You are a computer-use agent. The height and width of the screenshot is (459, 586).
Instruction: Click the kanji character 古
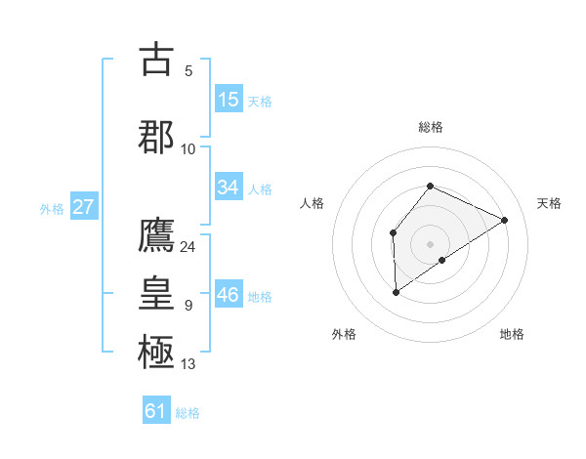tap(156, 60)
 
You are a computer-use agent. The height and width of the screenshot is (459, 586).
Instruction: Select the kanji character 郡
tap(156, 137)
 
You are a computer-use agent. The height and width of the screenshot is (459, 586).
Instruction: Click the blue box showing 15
tap(229, 100)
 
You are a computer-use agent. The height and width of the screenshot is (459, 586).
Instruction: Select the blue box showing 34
tap(229, 188)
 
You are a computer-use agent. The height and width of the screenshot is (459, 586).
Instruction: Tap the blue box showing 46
tap(229, 295)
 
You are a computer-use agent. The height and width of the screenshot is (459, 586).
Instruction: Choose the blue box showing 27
tap(83, 207)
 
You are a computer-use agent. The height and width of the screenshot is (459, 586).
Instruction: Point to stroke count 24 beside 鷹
tap(188, 246)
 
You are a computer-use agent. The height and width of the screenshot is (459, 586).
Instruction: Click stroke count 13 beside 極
tap(188, 364)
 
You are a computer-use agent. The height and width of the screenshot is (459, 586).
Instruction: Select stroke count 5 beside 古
tap(188, 71)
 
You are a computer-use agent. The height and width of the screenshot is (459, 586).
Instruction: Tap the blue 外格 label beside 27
tap(52, 208)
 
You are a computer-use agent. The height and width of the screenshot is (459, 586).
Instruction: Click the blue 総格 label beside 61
tap(188, 412)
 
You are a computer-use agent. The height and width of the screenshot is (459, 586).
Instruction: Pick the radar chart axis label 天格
tap(549, 203)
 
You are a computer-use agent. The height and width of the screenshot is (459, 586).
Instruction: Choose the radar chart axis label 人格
tap(313, 203)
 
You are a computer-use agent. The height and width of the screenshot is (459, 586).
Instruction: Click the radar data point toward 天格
tap(505, 220)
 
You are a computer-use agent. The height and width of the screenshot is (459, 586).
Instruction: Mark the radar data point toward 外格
tap(397, 291)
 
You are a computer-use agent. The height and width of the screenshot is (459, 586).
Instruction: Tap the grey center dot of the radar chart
tap(430, 243)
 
